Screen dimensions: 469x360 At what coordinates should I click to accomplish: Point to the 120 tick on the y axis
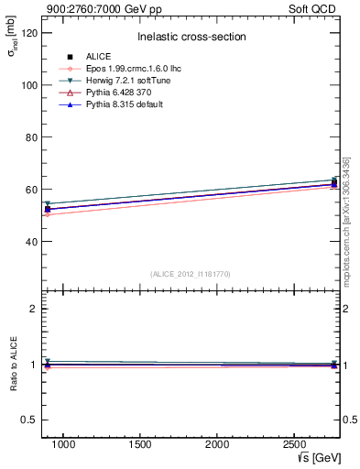click(28, 32)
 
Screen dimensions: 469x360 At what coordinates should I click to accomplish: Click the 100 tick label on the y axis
click(28, 84)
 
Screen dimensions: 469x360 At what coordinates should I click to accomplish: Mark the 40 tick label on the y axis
click(31, 242)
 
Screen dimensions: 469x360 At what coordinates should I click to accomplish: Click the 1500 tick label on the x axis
click(140, 443)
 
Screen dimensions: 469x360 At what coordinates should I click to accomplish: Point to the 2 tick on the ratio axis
click(34, 309)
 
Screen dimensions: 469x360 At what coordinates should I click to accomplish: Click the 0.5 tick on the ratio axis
click(29, 420)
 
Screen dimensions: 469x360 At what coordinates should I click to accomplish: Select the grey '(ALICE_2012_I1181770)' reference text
click(191, 273)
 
